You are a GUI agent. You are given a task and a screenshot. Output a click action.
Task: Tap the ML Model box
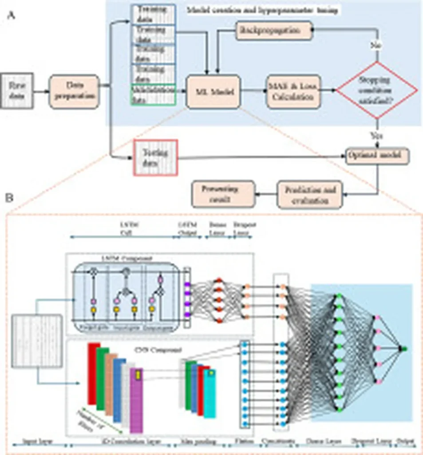click(213, 92)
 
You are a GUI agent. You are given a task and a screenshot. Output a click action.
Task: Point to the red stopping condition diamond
click(377, 91)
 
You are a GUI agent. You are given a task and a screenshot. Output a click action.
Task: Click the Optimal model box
click(377, 156)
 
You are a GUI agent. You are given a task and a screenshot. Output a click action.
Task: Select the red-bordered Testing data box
click(155, 157)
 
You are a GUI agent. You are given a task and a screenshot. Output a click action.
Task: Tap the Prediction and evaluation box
click(310, 194)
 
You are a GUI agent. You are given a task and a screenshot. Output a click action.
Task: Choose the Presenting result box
click(223, 194)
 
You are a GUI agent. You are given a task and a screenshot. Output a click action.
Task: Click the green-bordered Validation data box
click(154, 94)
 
